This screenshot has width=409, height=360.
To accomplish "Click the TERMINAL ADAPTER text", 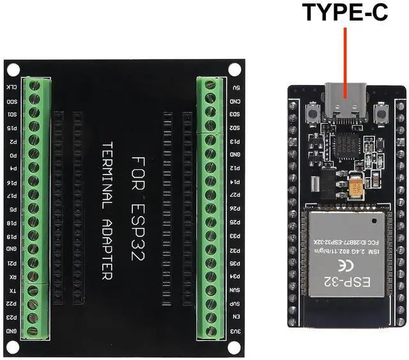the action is (106, 211).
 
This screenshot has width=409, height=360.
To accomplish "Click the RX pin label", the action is (12, 278).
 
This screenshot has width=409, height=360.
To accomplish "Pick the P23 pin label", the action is (12, 317).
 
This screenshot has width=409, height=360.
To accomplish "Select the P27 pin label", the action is (236, 194).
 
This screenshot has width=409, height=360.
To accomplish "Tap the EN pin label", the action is (236, 317).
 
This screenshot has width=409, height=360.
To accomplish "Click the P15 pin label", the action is (12, 128).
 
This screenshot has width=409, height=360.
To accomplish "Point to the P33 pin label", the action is (236, 235).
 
